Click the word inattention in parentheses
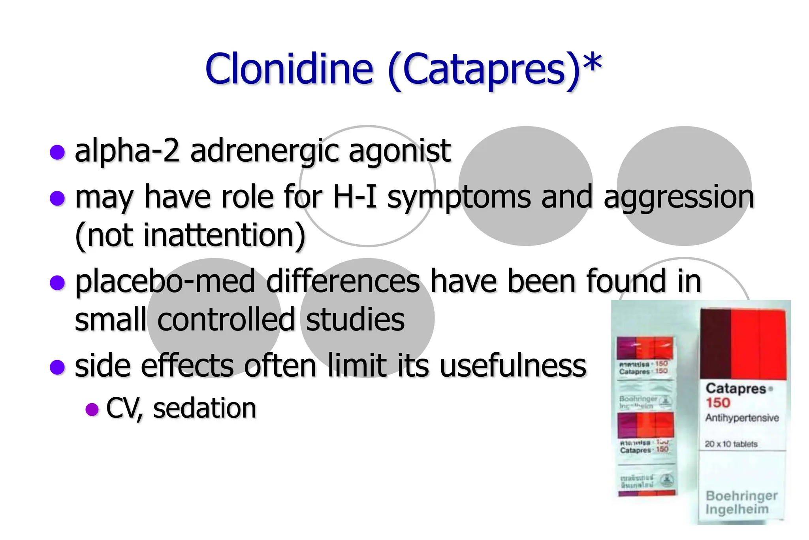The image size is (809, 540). [x=218, y=235]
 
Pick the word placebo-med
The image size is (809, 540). [x=165, y=281]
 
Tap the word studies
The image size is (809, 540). [x=355, y=319]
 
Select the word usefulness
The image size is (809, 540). [x=513, y=366]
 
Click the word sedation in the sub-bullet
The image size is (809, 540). [x=205, y=408]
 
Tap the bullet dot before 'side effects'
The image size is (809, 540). [x=58, y=367]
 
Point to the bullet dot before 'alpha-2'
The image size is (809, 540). [x=58, y=152]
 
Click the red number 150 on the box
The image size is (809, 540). [x=718, y=403]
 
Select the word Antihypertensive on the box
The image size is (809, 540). [x=742, y=418]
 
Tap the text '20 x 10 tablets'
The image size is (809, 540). [x=731, y=444]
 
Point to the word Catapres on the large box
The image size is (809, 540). [x=736, y=389]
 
